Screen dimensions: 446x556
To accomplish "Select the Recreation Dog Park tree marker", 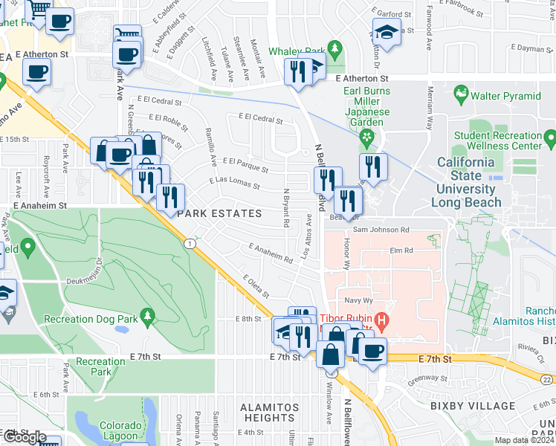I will point(147,317).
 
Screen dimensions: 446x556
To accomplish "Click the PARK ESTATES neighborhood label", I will point(219,213).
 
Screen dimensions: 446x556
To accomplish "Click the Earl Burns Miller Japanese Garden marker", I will point(366,138).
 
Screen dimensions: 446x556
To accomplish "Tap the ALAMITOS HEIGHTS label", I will point(269,413).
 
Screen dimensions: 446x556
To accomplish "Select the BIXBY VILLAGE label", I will point(483,407).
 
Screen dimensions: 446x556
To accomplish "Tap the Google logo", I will point(25,437).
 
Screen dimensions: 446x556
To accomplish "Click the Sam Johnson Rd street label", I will point(381,230).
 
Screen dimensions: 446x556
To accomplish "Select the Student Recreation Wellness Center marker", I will point(549,138).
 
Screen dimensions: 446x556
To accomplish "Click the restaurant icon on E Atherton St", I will point(295,71).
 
